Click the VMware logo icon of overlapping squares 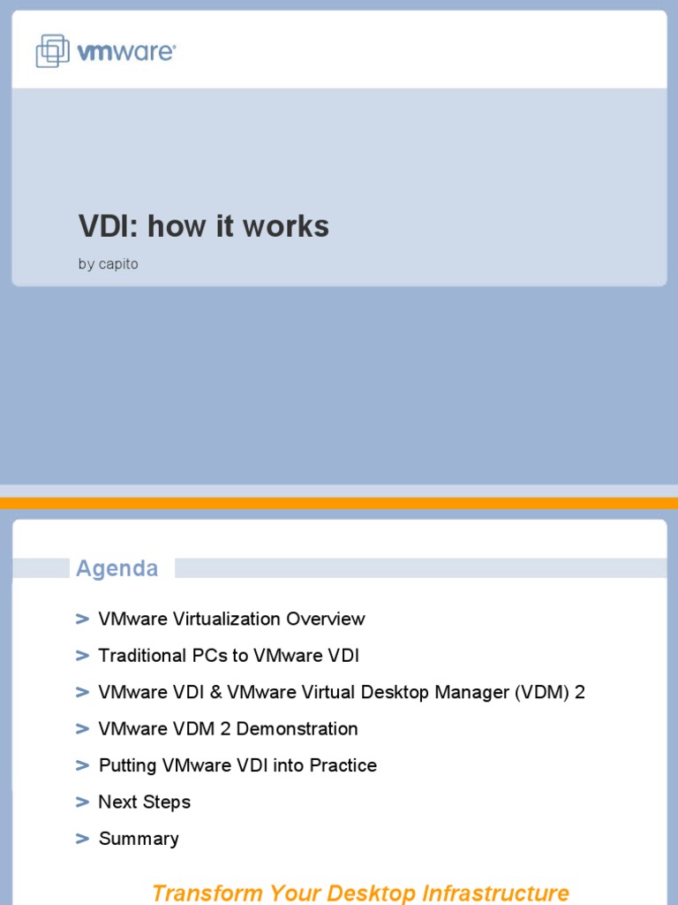(x=52, y=50)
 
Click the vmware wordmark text (x=126, y=52)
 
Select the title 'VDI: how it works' (x=203, y=226)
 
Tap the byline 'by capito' (x=108, y=264)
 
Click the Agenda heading (x=117, y=568)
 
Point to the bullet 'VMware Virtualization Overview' (x=231, y=619)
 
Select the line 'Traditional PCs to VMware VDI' (x=229, y=656)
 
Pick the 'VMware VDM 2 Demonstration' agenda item (x=228, y=729)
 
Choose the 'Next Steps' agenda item (x=144, y=802)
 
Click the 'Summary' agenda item (x=139, y=839)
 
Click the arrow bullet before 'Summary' (x=83, y=839)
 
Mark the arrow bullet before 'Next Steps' (x=83, y=802)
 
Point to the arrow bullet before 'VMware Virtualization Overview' (x=83, y=619)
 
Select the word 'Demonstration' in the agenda (x=298, y=729)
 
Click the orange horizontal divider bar (x=339, y=503)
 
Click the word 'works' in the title (x=285, y=226)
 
